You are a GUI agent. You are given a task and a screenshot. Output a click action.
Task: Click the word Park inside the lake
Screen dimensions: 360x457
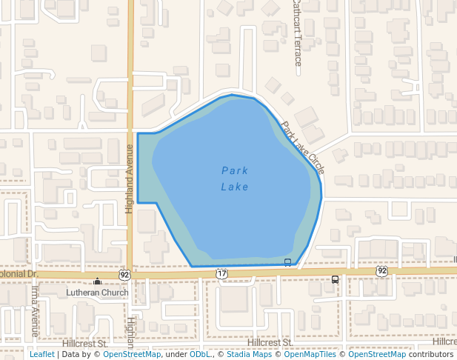pos(235,171)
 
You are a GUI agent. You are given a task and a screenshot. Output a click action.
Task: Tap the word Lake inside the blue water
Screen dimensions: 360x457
pos(235,187)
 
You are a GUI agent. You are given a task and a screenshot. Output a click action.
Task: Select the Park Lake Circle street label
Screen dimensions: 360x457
pos(302,148)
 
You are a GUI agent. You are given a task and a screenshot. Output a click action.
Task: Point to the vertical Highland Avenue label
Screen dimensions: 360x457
pos(129,178)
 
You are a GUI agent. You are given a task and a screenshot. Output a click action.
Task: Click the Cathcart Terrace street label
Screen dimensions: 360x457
pos(297,33)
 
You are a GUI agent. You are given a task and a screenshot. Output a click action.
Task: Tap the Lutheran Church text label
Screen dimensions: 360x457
pos(97,293)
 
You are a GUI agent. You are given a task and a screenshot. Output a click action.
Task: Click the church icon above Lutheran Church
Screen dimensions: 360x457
pos(97,281)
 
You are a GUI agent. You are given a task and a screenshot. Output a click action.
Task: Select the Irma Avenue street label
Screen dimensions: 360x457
pos(34,310)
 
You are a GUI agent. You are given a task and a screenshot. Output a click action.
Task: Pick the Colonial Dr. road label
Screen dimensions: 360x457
pos(18,273)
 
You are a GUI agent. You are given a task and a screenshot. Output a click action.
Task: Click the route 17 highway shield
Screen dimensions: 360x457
pos(222,273)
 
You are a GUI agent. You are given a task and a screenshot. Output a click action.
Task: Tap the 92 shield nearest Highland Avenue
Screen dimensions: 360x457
pos(124,274)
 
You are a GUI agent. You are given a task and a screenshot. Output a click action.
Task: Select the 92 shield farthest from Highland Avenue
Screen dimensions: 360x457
pos(381,271)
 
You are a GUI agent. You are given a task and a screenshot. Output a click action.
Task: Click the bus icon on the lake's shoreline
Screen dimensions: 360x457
pos(287,262)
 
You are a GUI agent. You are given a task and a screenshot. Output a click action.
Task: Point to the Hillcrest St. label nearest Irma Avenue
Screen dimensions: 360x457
pos(84,344)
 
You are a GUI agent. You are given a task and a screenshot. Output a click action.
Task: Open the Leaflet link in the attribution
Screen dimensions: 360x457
pos(41,354)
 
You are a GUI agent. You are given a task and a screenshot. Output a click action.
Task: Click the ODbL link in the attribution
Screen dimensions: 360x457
pos(200,354)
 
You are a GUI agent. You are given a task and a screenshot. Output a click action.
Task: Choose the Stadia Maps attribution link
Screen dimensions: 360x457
pos(249,354)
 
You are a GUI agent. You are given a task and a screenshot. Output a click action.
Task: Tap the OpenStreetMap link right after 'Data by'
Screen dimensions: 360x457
pos(132,354)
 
